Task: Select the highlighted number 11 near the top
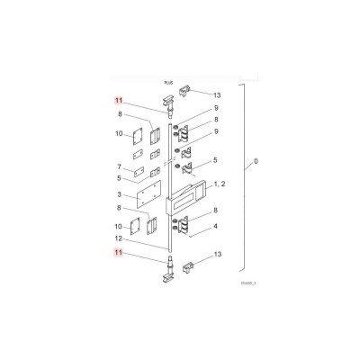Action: pyautogui.click(x=117, y=103)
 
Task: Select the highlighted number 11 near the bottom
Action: pyautogui.click(x=117, y=255)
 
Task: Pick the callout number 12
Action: pyautogui.click(x=120, y=238)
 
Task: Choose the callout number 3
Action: pyautogui.click(x=120, y=194)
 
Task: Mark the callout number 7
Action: pyautogui.click(x=120, y=167)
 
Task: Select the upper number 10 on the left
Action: pyautogui.click(x=120, y=134)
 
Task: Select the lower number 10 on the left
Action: pyautogui.click(x=120, y=226)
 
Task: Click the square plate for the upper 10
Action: pyautogui.click(x=139, y=137)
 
